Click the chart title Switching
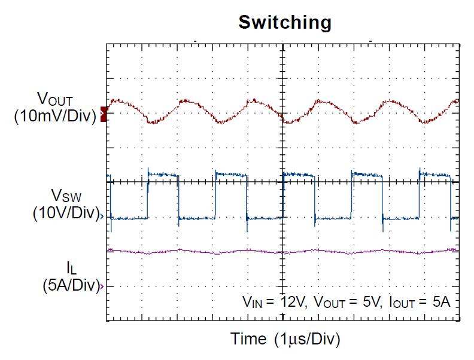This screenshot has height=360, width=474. pyautogui.click(x=285, y=23)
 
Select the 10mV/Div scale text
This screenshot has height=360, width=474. pyautogui.click(x=55, y=116)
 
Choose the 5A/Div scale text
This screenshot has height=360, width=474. pyautogui.click(x=70, y=285)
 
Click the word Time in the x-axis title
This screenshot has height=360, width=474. pyautogui.click(x=248, y=339)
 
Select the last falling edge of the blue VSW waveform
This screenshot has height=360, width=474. pyautogui.click(x=449, y=197)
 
